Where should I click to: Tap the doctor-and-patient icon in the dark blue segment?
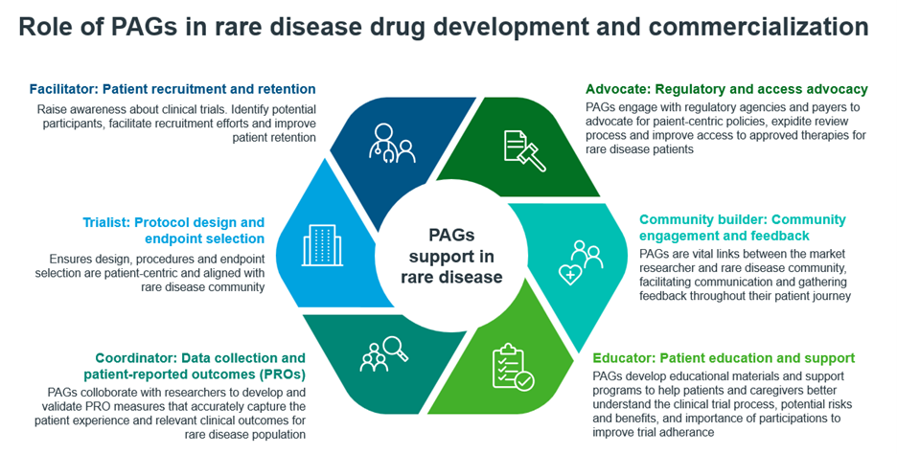tap(392, 144)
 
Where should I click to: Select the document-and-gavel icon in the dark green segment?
tap(524, 150)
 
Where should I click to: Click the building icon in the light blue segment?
tap(322, 245)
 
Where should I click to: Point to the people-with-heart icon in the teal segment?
tap(580, 262)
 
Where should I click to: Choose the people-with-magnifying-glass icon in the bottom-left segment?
tap(384, 354)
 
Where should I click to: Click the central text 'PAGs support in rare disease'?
tap(451, 256)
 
